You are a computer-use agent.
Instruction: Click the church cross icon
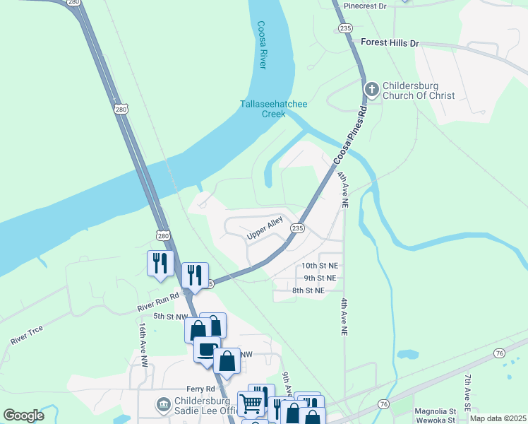pyautogui.click(x=372, y=90)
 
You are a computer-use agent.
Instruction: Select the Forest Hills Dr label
pyautogui.click(x=390, y=43)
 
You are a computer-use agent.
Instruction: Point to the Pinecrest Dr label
pyautogui.click(x=366, y=6)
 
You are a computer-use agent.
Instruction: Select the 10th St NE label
pyautogui.click(x=319, y=265)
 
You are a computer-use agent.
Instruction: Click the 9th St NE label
pyautogui.click(x=319, y=278)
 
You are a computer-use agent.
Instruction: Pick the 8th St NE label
pyautogui.click(x=308, y=290)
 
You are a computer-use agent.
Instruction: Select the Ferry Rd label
pyautogui.click(x=200, y=389)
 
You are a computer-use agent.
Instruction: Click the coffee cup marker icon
pyautogui.click(x=206, y=349)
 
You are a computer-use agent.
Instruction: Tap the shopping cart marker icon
pyautogui.click(x=251, y=404)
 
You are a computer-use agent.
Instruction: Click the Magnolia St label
pyautogui.click(x=436, y=411)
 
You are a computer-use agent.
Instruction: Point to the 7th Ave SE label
pyautogui.click(x=467, y=389)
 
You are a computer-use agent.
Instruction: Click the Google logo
pyautogui.click(x=24, y=416)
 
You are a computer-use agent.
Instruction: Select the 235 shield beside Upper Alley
pyautogui.click(x=298, y=228)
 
